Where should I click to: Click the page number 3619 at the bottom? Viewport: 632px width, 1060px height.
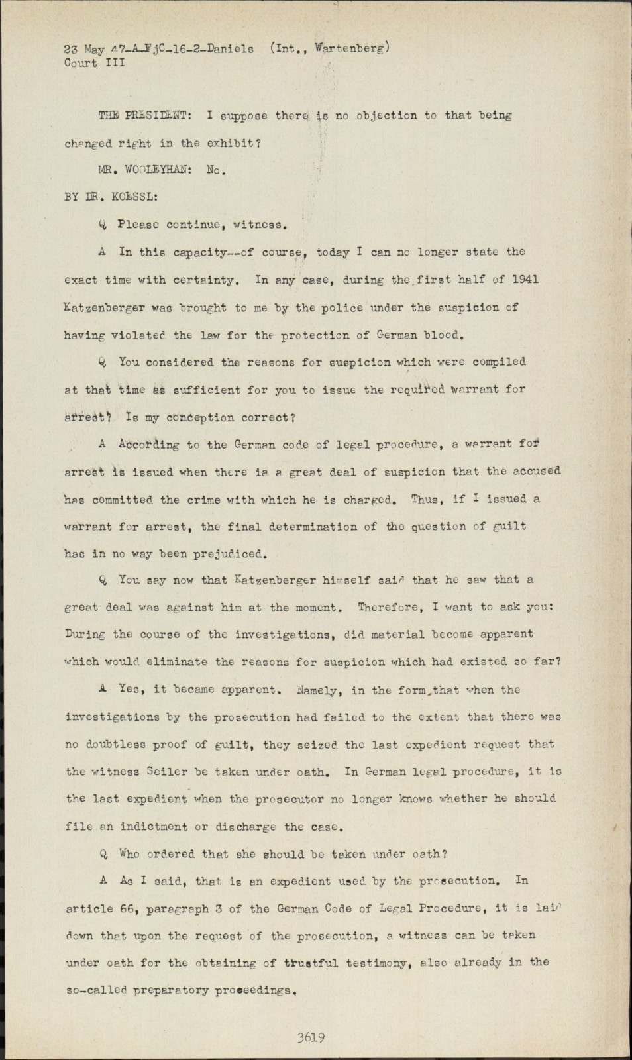[x=310, y=1038]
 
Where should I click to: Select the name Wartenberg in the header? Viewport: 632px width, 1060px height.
[x=352, y=48]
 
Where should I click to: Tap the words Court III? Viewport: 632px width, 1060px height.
[x=94, y=64]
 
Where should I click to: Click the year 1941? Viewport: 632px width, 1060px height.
[x=525, y=280]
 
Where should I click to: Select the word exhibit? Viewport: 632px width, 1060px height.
[x=231, y=143]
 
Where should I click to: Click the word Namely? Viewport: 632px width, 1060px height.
[x=319, y=690]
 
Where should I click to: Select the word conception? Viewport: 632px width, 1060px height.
[x=200, y=417]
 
